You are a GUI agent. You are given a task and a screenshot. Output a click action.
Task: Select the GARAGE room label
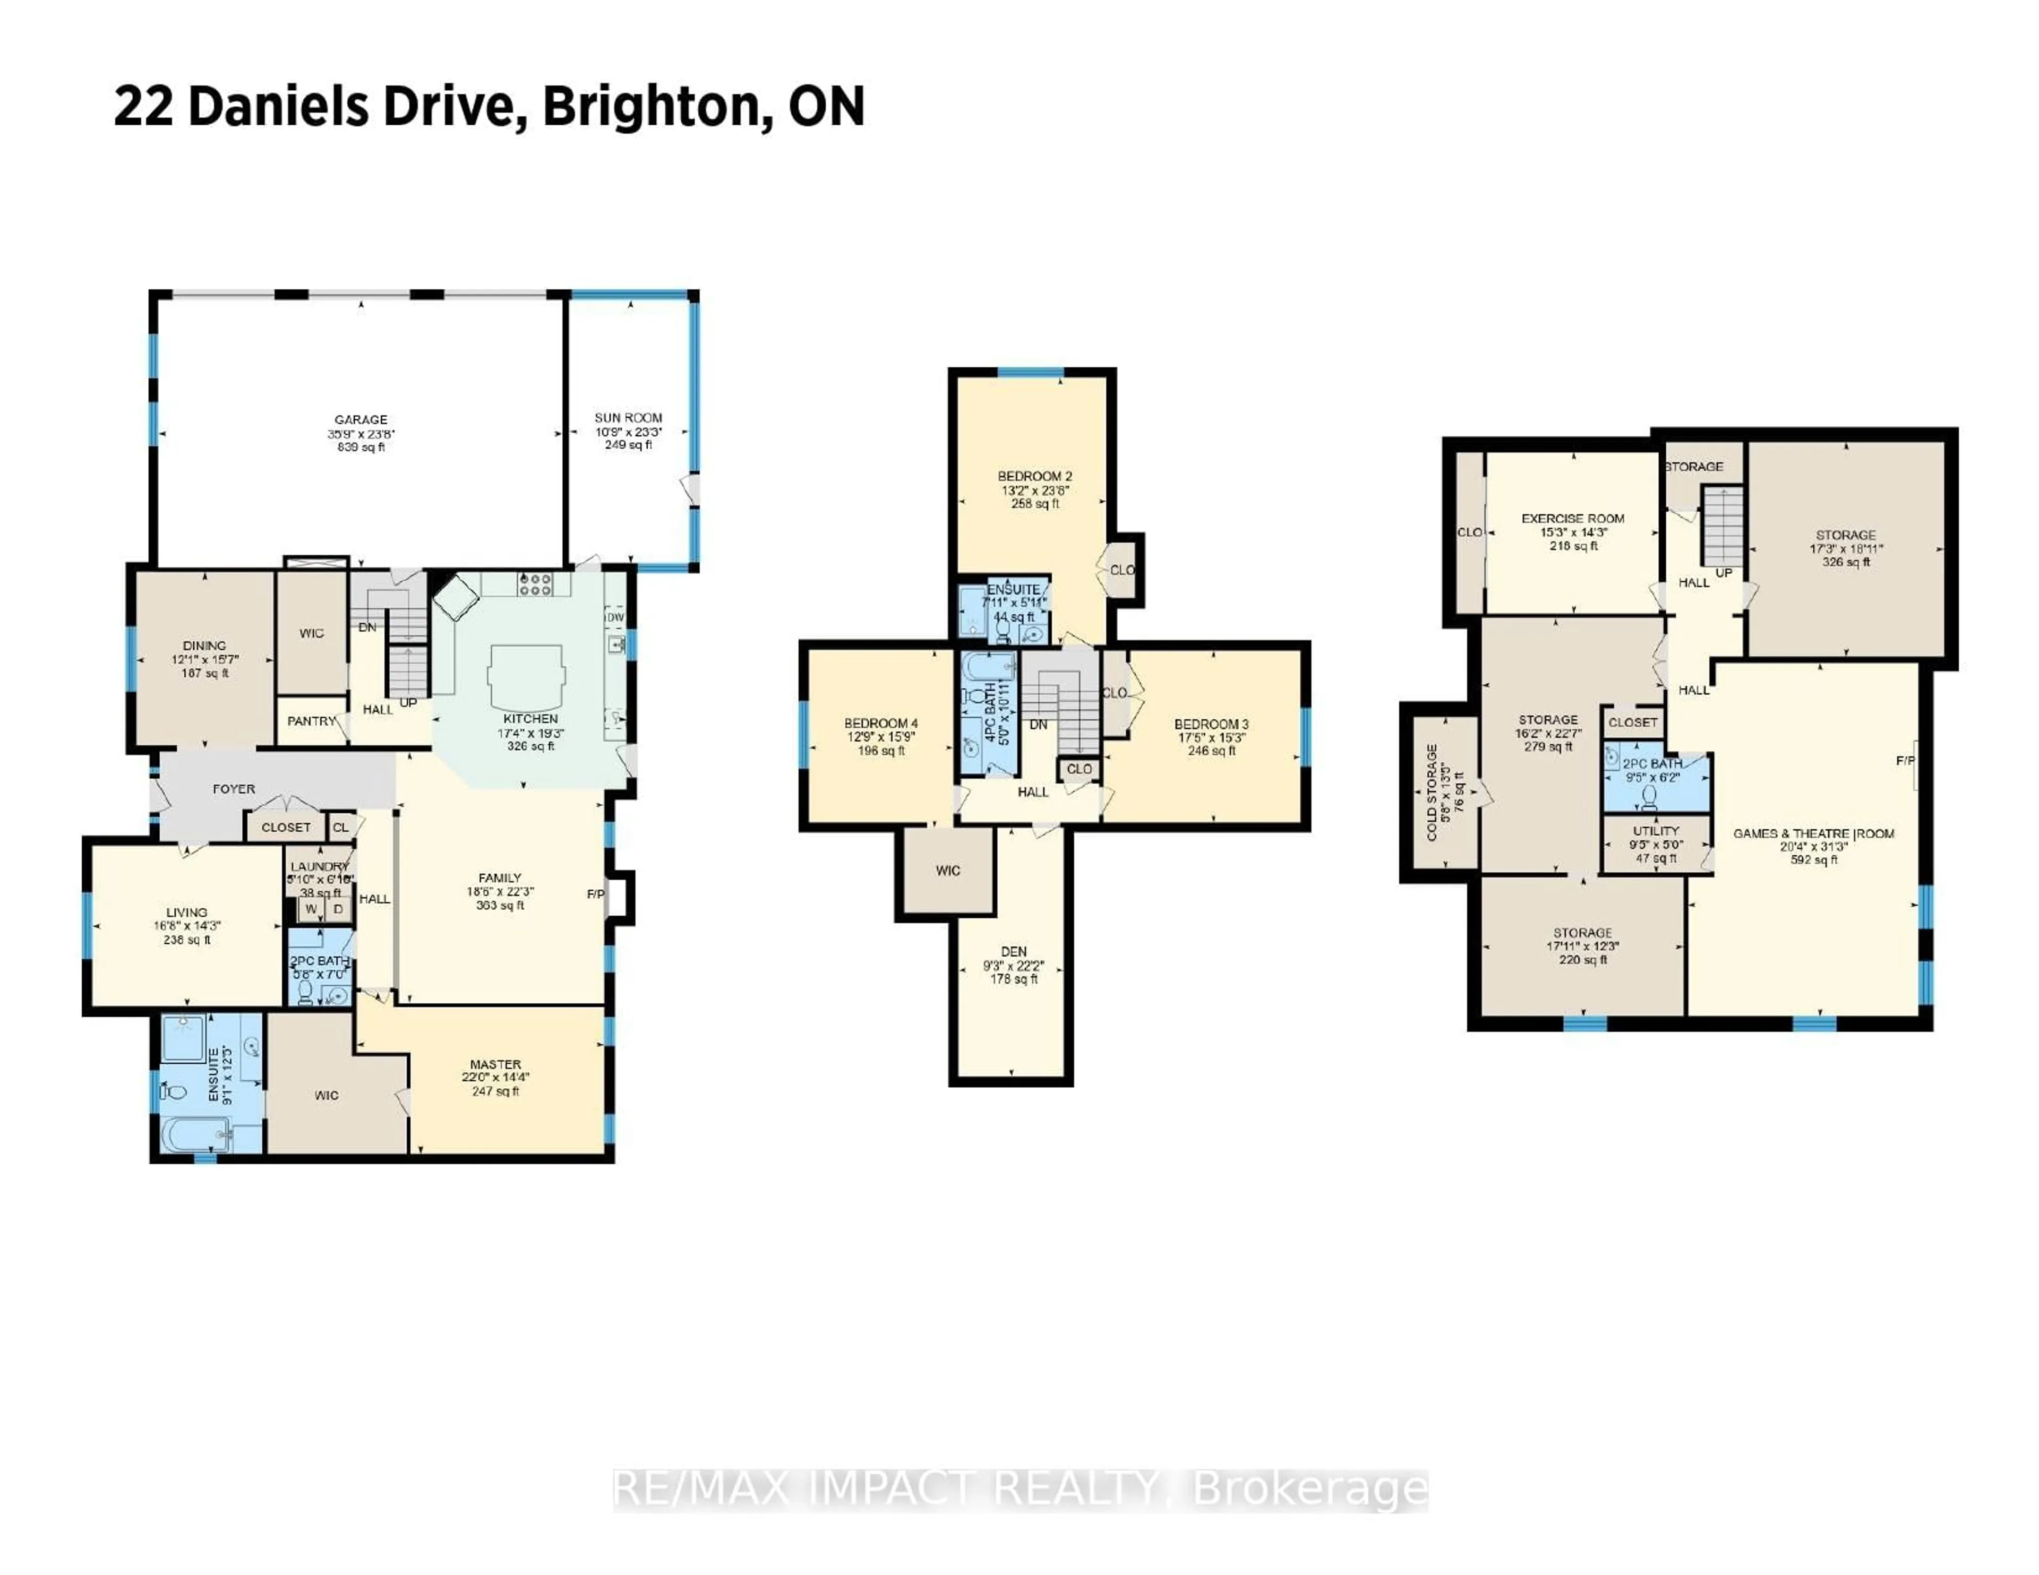(x=361, y=420)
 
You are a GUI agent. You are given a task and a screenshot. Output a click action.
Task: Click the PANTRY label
(x=311, y=721)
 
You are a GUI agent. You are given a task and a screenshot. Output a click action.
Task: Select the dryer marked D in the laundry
(x=338, y=908)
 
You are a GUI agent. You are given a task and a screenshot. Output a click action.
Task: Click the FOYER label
(x=234, y=789)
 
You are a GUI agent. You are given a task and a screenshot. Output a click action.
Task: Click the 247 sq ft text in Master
(x=495, y=1090)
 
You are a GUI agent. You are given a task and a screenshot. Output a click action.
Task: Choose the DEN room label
(x=1014, y=951)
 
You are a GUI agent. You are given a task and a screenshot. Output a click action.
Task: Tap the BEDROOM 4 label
(x=880, y=724)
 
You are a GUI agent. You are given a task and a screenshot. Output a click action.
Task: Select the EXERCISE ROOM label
(x=1573, y=518)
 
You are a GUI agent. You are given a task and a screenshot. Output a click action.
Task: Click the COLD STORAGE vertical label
(x=1432, y=793)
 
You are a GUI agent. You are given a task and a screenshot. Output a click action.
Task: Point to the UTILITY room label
(x=1656, y=831)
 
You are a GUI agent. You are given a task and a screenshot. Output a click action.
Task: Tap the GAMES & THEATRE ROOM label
(x=1813, y=834)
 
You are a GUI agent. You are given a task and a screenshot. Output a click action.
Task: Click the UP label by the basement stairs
(x=1724, y=572)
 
